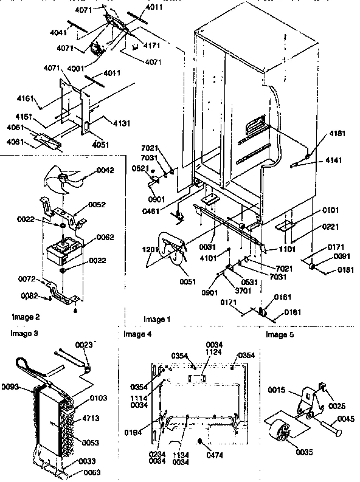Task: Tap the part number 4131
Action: tap(122, 123)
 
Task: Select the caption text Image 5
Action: tap(279, 334)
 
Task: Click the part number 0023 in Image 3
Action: tap(84, 345)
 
